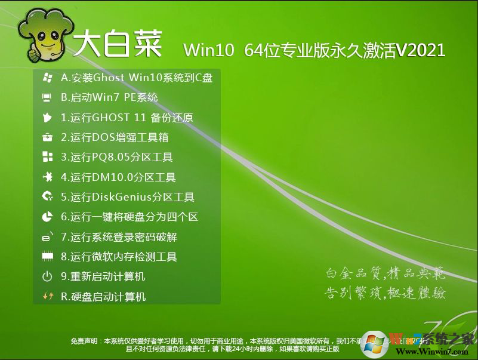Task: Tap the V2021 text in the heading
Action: (421, 50)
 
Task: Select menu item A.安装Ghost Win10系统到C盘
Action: (137, 78)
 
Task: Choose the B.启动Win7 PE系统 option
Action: (109, 97)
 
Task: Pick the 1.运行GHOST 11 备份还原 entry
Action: (127, 118)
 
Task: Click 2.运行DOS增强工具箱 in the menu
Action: (115, 137)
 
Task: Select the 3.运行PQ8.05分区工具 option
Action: (117, 158)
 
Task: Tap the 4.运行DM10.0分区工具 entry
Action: (118, 177)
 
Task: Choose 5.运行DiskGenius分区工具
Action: (128, 197)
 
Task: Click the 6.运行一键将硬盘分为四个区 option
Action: (129, 217)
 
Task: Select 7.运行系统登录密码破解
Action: (119, 237)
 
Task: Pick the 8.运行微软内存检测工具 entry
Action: (119, 257)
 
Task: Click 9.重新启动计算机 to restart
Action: (103, 277)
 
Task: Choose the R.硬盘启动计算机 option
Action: (103, 297)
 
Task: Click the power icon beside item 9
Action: (47, 276)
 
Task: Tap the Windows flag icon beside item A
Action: (47, 78)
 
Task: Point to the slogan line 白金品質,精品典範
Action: (386, 273)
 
